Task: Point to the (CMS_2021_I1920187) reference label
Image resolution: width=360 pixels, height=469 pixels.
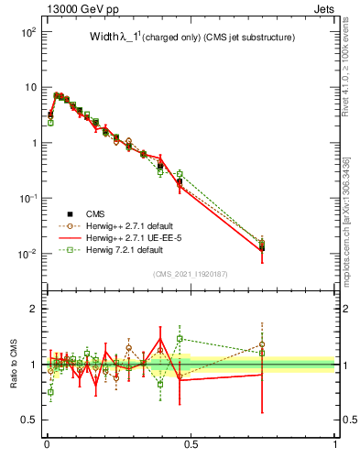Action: tap(191, 273)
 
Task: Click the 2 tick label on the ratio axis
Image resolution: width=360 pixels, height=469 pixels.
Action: tap(32, 309)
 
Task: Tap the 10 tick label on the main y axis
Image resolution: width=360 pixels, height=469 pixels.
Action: tap(29, 87)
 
